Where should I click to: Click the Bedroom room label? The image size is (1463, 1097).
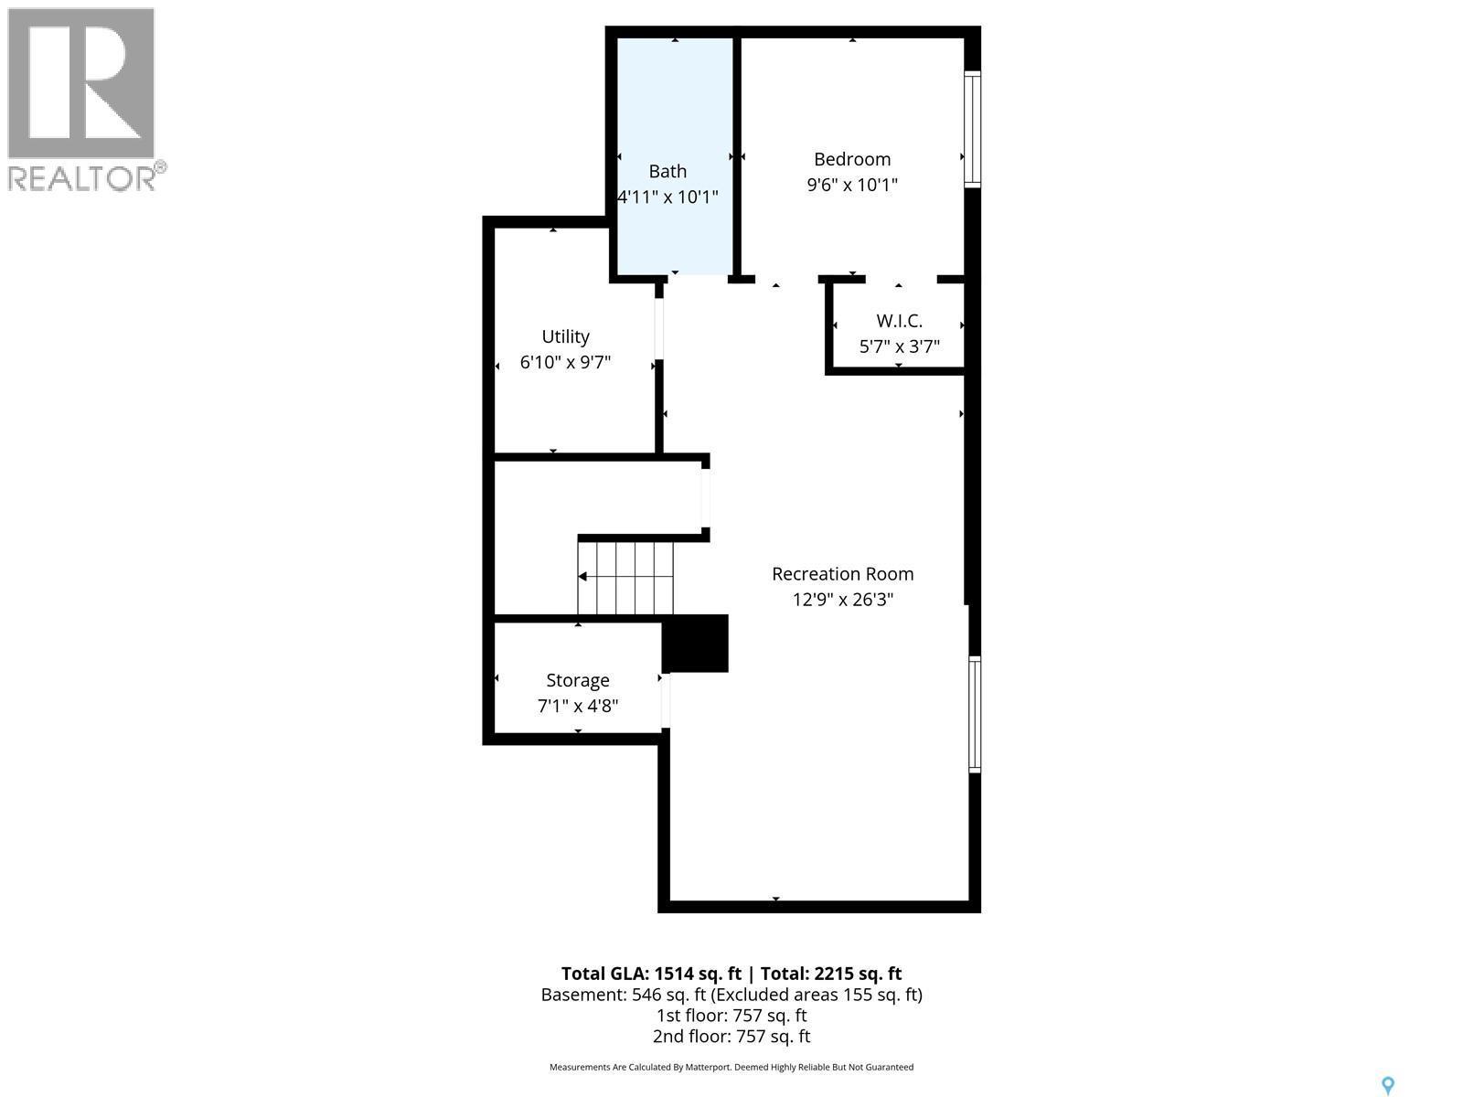click(852, 159)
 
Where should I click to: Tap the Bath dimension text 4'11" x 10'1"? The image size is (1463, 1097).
click(668, 197)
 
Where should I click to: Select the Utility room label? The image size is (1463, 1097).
click(565, 336)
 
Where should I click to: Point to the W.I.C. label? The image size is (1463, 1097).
click(899, 321)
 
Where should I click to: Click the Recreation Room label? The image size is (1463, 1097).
click(842, 574)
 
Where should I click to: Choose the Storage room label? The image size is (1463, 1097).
click(578, 680)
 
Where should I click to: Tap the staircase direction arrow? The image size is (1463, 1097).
click(583, 576)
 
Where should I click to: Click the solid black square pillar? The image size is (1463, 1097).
click(695, 644)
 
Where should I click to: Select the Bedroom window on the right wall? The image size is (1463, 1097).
click(973, 129)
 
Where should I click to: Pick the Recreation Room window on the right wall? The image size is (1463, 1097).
click(975, 714)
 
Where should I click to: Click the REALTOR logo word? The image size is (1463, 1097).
click(82, 177)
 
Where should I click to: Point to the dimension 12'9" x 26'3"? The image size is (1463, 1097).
click(842, 600)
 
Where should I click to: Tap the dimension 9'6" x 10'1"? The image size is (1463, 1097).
click(852, 185)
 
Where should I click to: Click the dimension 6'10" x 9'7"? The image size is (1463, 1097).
click(565, 362)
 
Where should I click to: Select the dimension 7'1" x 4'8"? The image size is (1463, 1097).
click(578, 706)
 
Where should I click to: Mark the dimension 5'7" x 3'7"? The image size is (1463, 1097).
click(899, 346)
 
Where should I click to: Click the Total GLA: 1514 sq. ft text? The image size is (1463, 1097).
click(651, 974)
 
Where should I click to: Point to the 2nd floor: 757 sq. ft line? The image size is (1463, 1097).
click(731, 1036)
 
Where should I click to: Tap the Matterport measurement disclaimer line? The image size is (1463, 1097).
click(731, 1067)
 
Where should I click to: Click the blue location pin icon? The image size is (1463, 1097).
click(1388, 1085)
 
